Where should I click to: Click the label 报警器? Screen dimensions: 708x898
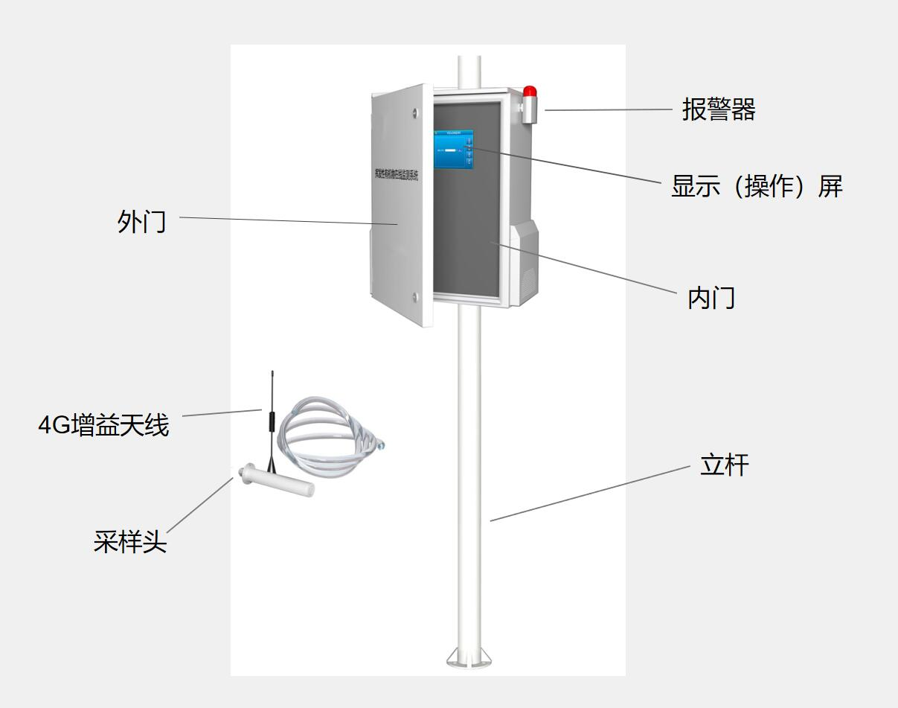coord(718,110)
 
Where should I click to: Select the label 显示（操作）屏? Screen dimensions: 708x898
coord(757,186)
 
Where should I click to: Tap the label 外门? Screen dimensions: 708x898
coord(141,222)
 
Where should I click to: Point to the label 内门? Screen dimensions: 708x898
coord(711,298)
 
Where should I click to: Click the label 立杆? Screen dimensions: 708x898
coord(724,465)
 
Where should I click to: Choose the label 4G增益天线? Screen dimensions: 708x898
coord(104,426)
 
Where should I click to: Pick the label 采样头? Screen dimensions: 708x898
coord(130,541)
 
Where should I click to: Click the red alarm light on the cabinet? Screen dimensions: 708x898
coord(529,92)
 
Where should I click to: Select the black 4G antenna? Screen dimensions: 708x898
coord(272,421)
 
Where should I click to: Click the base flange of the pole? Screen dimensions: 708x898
coord(469,657)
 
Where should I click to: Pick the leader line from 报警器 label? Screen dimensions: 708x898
coord(608,110)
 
